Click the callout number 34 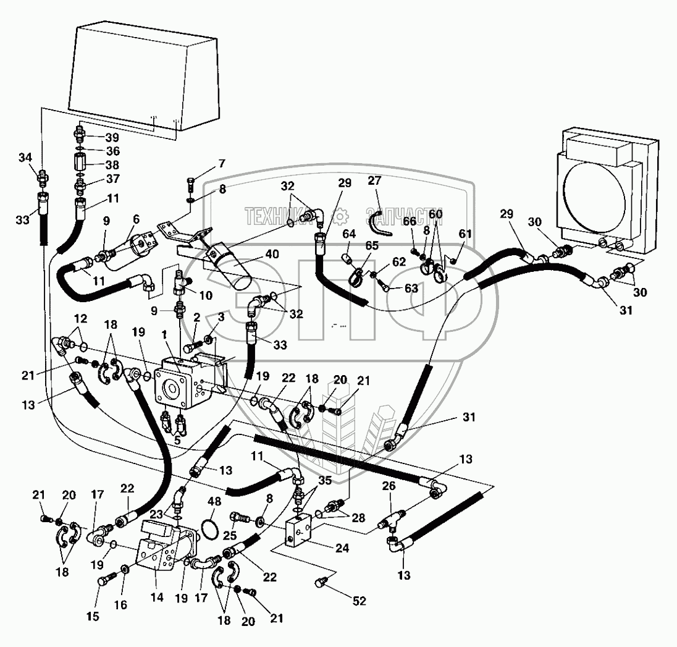point(25,158)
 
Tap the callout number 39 point(112,137)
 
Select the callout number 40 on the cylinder point(272,254)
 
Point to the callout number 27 point(374,180)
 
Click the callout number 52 point(360,601)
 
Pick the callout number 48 point(214,501)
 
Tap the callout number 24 point(342,548)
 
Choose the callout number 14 point(157,598)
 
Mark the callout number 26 point(389,486)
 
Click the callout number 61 point(465,234)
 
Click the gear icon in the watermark point(342,215)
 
